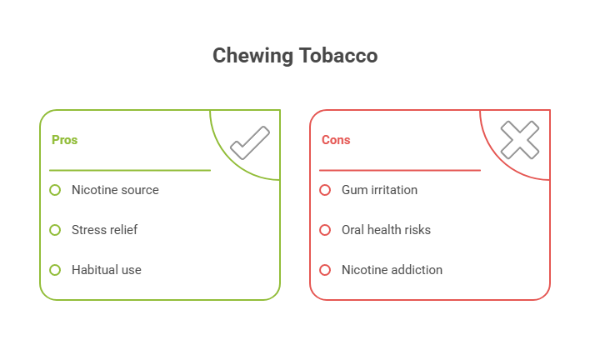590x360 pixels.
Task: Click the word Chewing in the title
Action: [251, 56]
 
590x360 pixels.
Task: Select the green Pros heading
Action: [64, 140]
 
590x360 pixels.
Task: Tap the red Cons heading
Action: [336, 140]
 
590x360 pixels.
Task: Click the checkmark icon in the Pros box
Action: [249, 142]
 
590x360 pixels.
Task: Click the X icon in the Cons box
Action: [519, 141]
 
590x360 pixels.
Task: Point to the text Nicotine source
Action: [115, 190]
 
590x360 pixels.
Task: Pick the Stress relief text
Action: [104, 230]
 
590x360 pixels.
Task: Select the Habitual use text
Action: [106, 270]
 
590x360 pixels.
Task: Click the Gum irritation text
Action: [379, 190]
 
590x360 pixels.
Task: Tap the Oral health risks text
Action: [386, 230]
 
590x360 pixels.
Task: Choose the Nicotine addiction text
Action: [392, 270]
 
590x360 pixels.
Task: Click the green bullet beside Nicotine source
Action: [55, 190]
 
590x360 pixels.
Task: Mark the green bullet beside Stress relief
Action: [55, 230]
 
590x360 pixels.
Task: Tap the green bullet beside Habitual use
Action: [55, 270]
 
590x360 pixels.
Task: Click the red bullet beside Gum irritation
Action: [325, 190]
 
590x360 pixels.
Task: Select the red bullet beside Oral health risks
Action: [325, 230]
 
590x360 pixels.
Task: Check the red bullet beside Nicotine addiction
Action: [325, 270]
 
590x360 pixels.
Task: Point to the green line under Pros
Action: [129, 170]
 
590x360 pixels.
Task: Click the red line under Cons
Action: [399, 170]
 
